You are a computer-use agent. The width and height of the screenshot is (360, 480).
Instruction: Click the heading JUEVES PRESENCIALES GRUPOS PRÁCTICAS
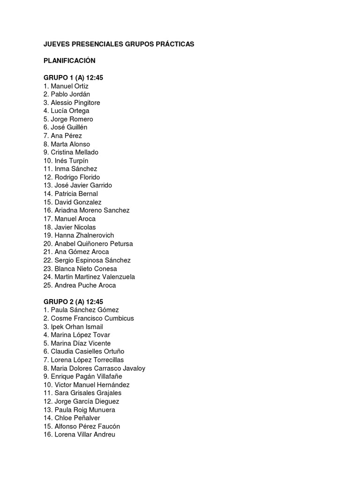click(x=119, y=44)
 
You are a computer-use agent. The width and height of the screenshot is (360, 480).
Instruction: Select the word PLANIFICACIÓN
click(x=69, y=61)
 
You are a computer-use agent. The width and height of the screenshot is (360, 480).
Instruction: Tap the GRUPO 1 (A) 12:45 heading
click(x=73, y=78)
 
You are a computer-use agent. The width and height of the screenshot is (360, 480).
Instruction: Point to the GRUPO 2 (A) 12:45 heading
click(x=73, y=301)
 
